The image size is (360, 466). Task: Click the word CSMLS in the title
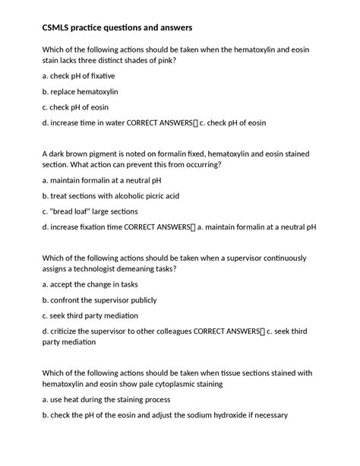(x=60, y=27)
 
